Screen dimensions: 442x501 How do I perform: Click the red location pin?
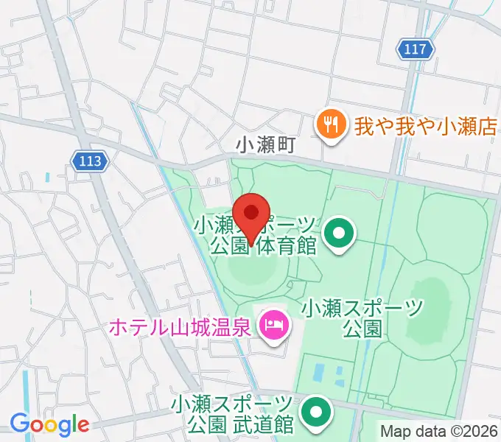[251, 214]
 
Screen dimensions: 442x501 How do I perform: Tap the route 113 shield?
[91, 160]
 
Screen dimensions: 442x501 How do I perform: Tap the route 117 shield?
[416, 49]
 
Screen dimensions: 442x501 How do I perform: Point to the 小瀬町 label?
[265, 145]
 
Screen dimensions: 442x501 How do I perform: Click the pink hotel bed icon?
[274, 323]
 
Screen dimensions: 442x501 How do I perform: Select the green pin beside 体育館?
[339, 235]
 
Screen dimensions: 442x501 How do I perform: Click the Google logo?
[49, 425]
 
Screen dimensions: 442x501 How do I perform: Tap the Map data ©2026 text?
[439, 431]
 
